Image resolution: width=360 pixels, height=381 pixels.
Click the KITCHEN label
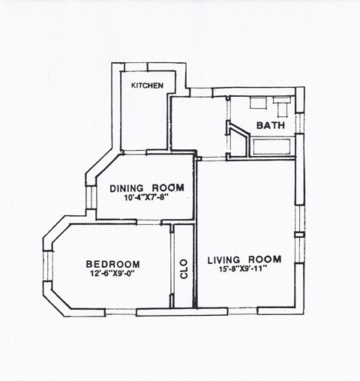(147, 85)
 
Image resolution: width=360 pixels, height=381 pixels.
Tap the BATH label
(270, 126)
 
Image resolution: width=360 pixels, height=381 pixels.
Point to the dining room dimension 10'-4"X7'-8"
(146, 199)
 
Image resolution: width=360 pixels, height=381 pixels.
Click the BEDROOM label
(112, 264)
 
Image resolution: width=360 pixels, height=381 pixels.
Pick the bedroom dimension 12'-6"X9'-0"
(112, 274)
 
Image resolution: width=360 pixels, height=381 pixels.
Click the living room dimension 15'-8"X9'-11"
(244, 270)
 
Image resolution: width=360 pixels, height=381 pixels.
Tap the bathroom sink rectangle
(282, 103)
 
